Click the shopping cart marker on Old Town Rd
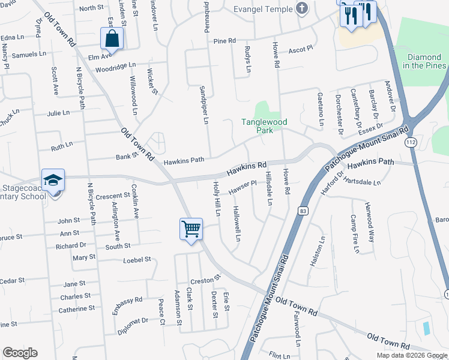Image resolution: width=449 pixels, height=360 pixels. [x=191, y=229]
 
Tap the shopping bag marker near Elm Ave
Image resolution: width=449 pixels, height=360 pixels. [x=112, y=39]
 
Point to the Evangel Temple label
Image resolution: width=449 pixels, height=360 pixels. [x=263, y=9]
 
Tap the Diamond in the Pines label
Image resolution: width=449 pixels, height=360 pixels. [x=424, y=61]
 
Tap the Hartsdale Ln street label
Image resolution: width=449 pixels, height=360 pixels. [x=361, y=182]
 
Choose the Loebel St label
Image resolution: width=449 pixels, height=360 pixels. [x=136, y=259]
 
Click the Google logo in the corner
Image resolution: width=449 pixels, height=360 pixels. [x=20, y=353]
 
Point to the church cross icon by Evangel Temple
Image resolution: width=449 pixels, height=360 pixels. [x=302, y=9]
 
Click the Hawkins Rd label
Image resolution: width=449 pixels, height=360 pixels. [x=247, y=169]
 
